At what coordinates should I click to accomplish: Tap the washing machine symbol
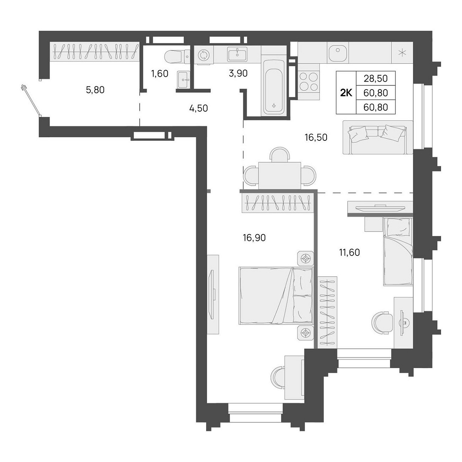tap(204, 55)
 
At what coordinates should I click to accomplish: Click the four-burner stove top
tap(309, 81)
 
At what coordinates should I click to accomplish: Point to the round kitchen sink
tap(338, 53)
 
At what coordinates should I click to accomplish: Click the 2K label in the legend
tap(346, 92)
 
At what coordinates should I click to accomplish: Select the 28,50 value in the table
tap(375, 79)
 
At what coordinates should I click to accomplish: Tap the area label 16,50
tap(316, 138)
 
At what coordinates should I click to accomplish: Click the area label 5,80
tap(95, 90)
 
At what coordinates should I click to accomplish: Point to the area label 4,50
tap(198, 108)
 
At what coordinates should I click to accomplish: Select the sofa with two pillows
tap(378, 137)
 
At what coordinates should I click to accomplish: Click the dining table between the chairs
tap(280, 175)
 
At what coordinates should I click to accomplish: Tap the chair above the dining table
tap(280, 154)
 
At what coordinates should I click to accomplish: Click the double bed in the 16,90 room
tap(276, 296)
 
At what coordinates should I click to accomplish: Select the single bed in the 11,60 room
tap(398, 252)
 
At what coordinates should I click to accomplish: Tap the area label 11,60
tap(349, 252)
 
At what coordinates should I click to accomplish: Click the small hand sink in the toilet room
tap(184, 80)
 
